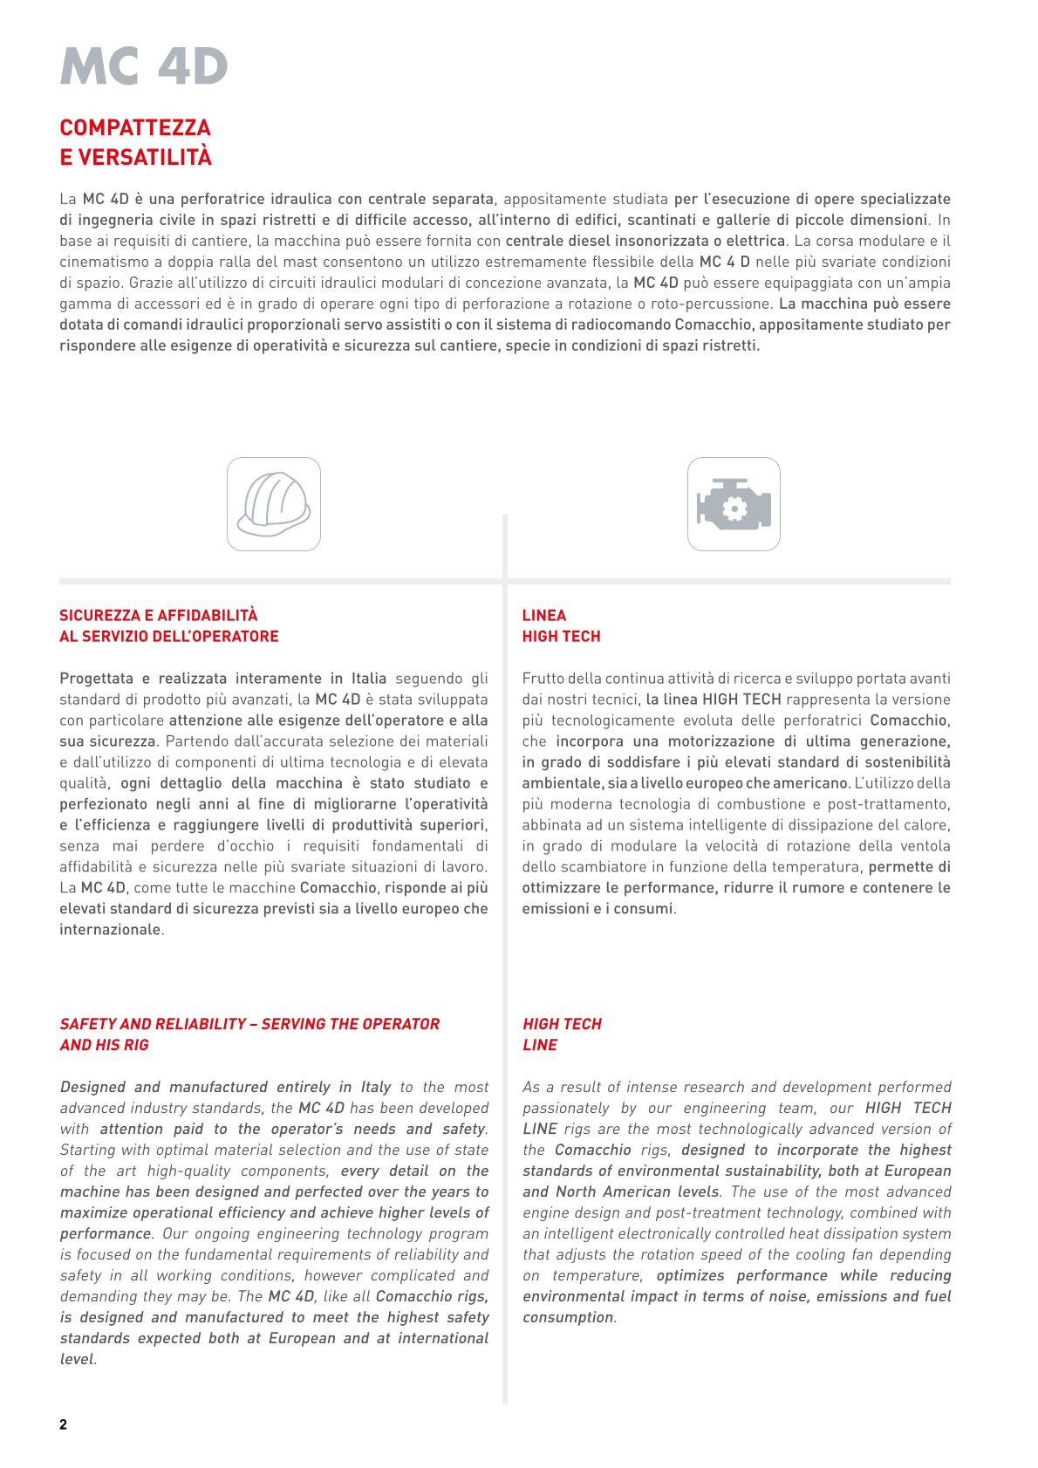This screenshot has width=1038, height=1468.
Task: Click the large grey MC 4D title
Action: [144, 66]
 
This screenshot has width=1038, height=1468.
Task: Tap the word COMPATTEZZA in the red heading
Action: [135, 128]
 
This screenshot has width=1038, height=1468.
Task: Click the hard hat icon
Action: [274, 504]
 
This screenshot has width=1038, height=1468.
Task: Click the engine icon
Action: [734, 504]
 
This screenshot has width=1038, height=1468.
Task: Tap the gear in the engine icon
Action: [733, 507]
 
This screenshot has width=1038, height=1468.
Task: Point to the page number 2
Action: [63, 1425]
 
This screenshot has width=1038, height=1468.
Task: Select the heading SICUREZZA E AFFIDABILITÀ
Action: [159, 616]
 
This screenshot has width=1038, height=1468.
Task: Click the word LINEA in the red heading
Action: [544, 616]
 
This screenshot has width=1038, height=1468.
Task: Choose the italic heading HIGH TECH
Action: [562, 1024]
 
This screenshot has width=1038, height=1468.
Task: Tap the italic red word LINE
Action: [540, 1045]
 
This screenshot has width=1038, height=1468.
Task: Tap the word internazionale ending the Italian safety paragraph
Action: [111, 930]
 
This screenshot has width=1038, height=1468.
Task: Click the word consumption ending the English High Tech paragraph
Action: [569, 1317]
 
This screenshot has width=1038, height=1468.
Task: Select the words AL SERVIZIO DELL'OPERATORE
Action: [169, 637]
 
